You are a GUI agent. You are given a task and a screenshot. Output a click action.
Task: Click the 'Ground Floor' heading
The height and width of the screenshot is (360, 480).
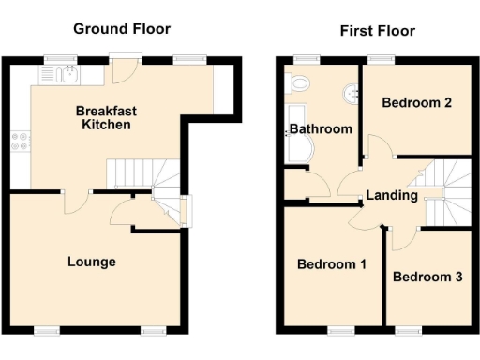[122, 29]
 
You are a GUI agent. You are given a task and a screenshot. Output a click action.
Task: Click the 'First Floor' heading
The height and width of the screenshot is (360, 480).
[377, 31]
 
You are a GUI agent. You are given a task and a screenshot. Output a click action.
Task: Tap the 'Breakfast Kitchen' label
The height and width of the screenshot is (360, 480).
[106, 117]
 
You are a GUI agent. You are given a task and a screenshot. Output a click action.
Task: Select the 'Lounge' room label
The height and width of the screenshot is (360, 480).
[91, 262]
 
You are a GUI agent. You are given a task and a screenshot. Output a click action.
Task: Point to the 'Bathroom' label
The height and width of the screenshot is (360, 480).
[321, 128]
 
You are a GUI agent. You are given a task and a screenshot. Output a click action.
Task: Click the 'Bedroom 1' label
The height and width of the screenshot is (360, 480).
[331, 264]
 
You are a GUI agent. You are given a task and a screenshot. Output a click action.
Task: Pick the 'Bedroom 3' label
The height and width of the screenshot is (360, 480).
[427, 277]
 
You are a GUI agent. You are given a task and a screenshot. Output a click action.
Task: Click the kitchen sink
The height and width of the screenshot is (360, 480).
[58, 73]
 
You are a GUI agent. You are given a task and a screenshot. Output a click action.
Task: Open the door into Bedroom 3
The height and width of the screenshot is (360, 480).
[401, 236]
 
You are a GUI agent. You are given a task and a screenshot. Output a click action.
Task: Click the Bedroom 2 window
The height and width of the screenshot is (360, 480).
[380, 61]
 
